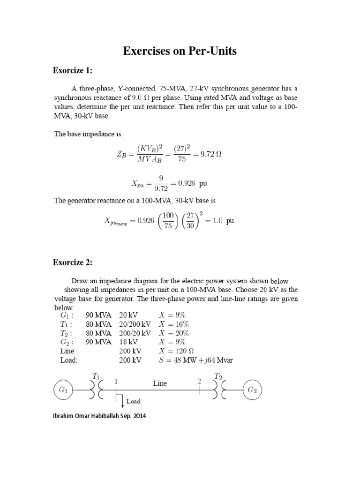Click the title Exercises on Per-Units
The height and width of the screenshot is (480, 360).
click(x=180, y=52)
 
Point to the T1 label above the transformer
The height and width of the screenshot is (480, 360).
click(x=96, y=375)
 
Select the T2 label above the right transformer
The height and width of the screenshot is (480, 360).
click(x=218, y=375)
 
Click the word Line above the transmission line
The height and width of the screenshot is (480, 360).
click(x=159, y=383)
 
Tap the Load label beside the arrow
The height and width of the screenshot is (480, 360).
click(x=132, y=401)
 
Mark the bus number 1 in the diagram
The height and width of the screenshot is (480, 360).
click(x=115, y=382)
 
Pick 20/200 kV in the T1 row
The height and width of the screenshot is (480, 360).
click(x=135, y=324)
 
